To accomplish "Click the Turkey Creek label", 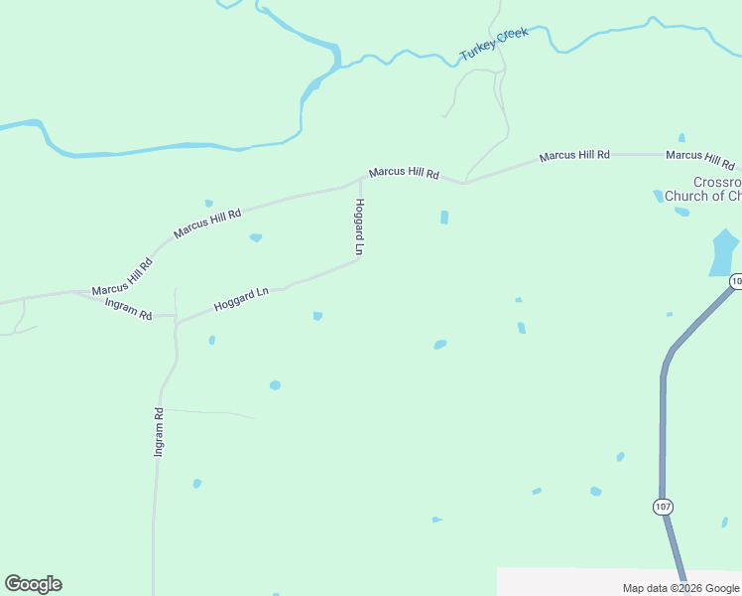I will coord(494,45).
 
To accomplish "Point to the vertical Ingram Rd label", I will coord(158,431).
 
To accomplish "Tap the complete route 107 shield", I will coord(663,507).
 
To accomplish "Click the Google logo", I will coord(33,584).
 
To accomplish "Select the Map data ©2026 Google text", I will coord(680,588).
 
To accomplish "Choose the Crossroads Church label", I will coord(703,189).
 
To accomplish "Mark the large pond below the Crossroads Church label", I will coord(724,251).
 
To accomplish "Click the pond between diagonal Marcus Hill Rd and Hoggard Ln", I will coord(256,237).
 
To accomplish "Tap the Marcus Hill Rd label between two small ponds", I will coord(207,223).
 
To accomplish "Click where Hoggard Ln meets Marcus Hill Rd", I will coord(359,180).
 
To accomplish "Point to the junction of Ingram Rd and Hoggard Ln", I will coord(176,320).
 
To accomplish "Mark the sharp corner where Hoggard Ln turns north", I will coord(358,260).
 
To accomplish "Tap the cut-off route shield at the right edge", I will coord(736,282).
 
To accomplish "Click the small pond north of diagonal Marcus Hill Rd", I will coord(208,204).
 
